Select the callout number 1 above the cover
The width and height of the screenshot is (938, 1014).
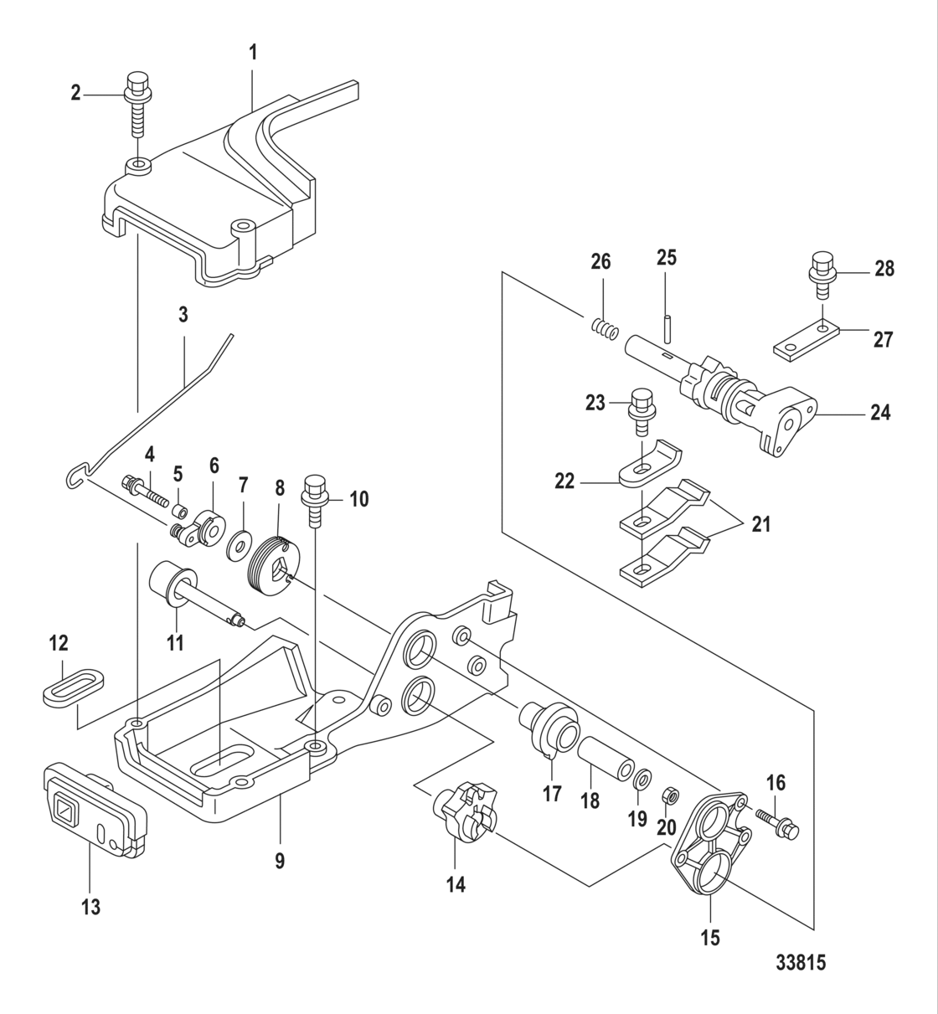[253, 52]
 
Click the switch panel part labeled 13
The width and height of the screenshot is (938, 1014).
[93, 809]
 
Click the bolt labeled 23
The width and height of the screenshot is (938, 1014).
[642, 409]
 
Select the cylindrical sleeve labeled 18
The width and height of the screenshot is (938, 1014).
[602, 757]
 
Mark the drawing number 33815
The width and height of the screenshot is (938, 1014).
[799, 962]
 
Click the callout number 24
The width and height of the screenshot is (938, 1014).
[879, 412]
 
